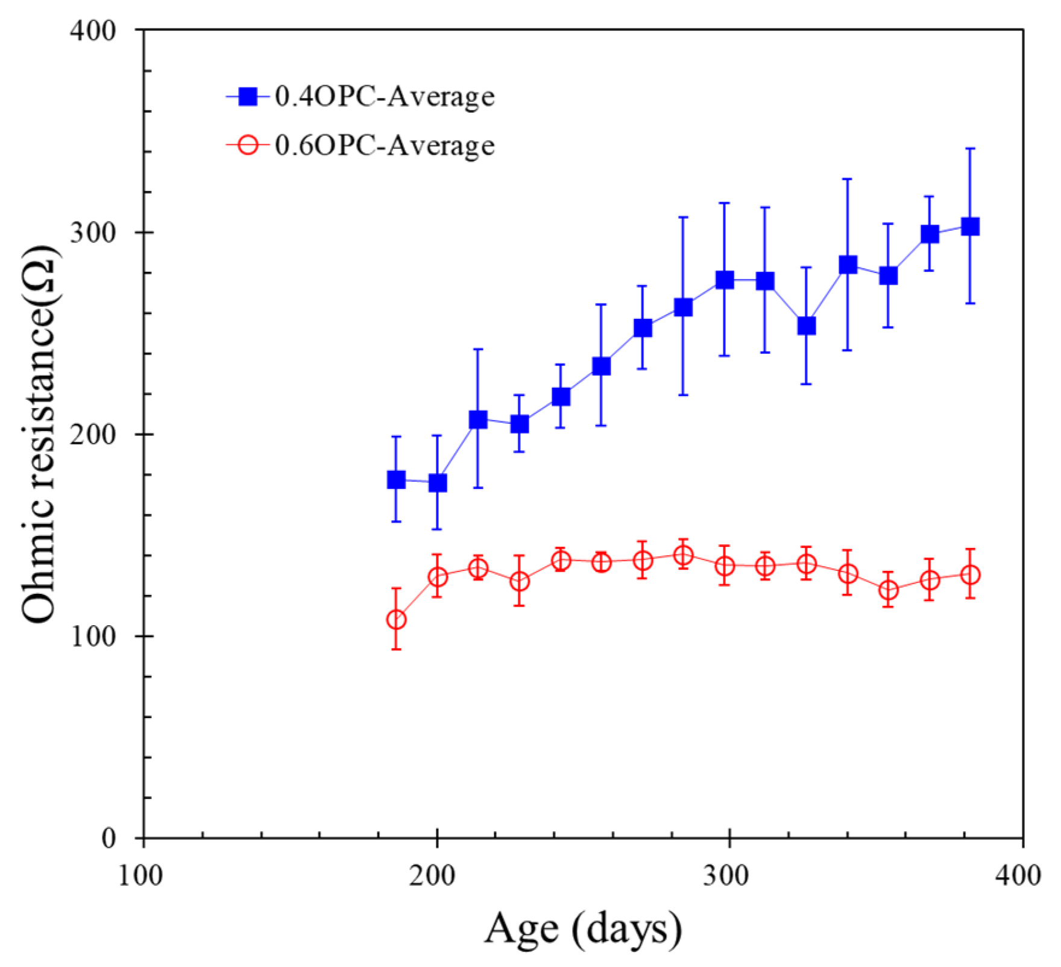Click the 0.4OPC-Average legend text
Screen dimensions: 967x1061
click(384, 96)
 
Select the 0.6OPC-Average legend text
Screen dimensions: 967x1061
click(384, 146)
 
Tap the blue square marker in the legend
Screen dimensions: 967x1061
click(247, 96)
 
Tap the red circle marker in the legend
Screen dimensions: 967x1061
click(247, 146)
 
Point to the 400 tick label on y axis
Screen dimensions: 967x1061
click(92, 30)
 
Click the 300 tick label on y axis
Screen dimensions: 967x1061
click(92, 232)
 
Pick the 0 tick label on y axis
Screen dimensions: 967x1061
click(109, 838)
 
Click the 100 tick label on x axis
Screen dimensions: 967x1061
click(141, 875)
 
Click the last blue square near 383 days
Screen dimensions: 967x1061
click(970, 227)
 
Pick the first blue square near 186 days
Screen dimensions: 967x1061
click(396, 480)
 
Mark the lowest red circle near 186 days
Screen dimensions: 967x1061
click(396, 620)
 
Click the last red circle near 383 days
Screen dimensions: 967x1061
click(970, 575)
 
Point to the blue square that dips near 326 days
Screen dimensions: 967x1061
click(807, 326)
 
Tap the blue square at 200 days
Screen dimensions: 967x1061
click(438, 483)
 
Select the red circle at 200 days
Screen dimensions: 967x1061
click(438, 577)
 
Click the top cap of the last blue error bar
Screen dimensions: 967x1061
click(970, 148)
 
